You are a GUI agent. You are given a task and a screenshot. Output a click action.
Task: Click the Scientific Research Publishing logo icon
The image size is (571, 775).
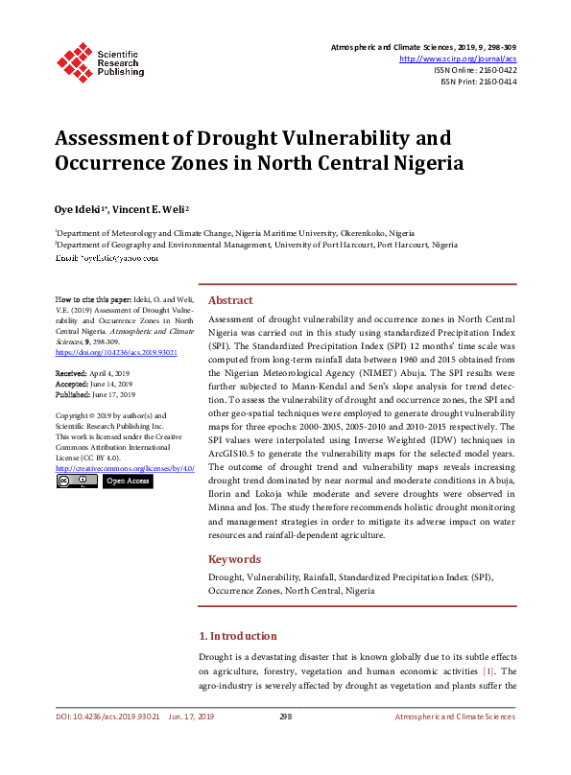coord(74,59)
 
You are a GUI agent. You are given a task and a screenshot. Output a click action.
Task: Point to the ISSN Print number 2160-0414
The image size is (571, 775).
coord(493,82)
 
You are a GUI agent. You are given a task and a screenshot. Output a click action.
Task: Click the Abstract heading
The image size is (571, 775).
coord(230,300)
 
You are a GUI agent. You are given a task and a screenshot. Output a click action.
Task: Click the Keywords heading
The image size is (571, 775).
coord(234,559)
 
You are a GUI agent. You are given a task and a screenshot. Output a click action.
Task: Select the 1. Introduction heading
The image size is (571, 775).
coord(237,636)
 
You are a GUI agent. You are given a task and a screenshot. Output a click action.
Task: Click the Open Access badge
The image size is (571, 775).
coord(127,481)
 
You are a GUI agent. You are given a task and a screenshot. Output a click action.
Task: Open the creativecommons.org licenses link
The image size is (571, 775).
coord(125,468)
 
